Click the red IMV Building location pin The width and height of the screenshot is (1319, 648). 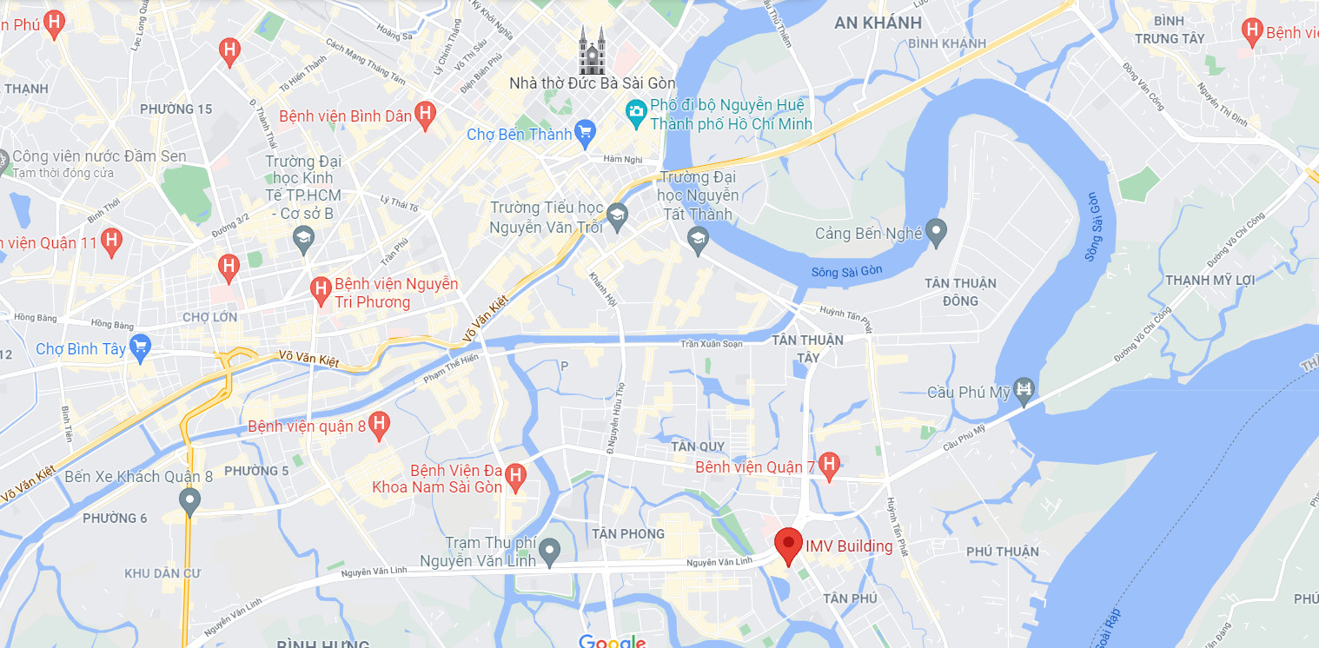coord(788,545)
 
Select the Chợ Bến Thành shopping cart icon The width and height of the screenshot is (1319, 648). coord(585,133)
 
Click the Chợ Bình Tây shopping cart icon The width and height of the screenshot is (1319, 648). coord(139,348)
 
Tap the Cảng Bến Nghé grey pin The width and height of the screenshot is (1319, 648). coord(935,232)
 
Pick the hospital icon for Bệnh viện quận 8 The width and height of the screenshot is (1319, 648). coord(378,424)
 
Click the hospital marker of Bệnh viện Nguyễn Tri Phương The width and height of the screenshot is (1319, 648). coord(320,287)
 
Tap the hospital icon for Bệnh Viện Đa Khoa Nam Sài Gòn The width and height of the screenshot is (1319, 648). coord(516,475)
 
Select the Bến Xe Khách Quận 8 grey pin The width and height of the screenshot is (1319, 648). coord(189,500)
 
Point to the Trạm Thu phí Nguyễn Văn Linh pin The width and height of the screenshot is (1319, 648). coord(549,549)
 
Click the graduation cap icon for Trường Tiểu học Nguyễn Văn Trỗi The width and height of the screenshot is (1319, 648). coord(617,215)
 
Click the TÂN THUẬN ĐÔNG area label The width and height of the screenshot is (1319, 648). coord(959,292)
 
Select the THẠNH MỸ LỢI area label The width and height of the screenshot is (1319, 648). coord(1210,280)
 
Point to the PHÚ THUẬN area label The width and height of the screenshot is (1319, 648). coord(1002,552)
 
